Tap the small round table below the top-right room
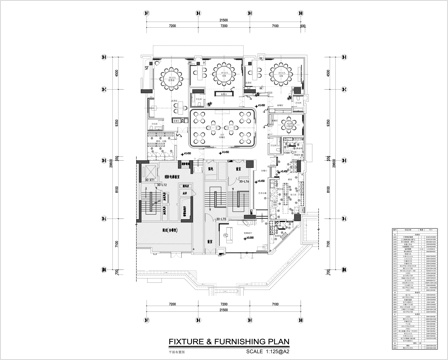pyautogui.click(x=288, y=126)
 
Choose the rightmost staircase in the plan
pyautogui.click(x=241, y=205)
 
